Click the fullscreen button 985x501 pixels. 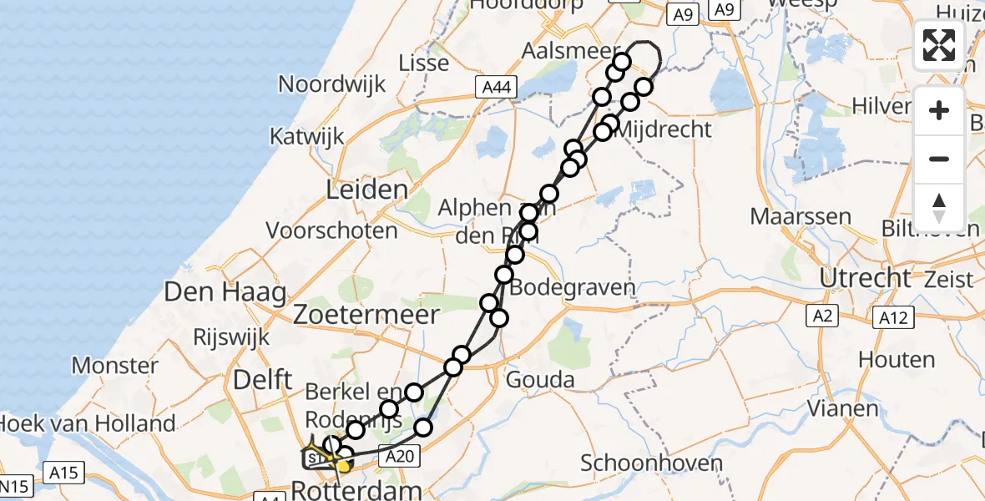(x=939, y=45)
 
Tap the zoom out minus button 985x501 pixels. (x=939, y=159)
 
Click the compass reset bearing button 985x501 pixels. (x=939, y=207)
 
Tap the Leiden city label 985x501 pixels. (x=366, y=190)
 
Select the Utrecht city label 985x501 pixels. (x=865, y=277)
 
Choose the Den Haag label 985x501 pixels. (x=225, y=292)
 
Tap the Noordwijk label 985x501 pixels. (x=332, y=83)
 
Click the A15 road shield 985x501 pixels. (x=63, y=473)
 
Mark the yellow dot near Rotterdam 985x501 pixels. (x=342, y=466)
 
